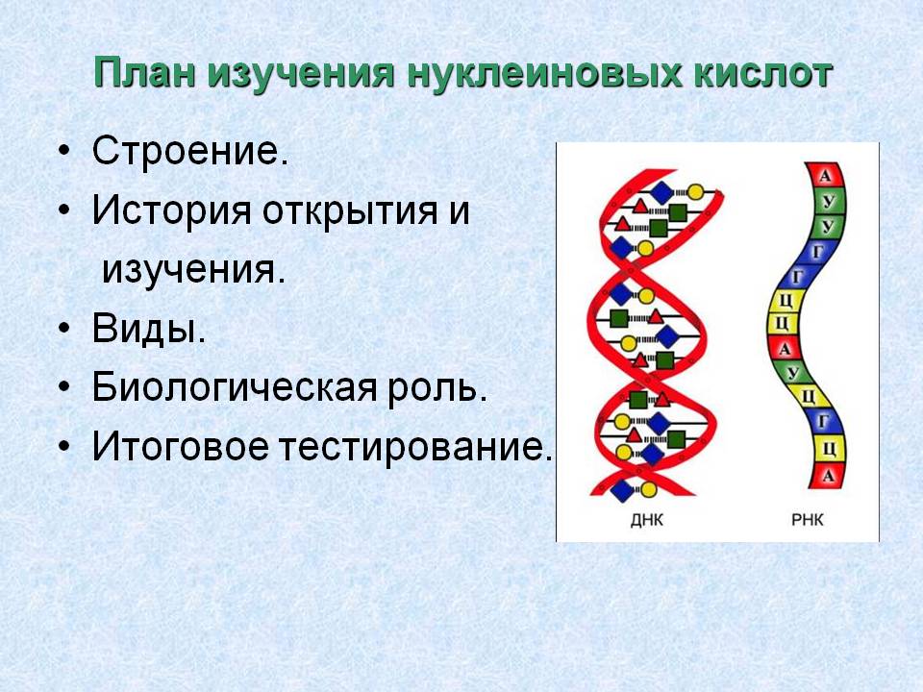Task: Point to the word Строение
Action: coord(190,151)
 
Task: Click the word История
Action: coord(171,210)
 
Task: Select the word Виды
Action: coord(149,329)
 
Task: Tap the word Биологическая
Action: coord(235,387)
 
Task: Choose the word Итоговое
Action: coord(180,446)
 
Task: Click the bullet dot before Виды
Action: coord(64,329)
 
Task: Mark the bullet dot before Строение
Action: coord(64,152)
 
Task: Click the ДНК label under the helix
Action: coord(646,520)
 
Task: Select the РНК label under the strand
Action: coord(807,520)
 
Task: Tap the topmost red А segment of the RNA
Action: coord(825,175)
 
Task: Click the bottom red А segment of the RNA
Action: coord(827,476)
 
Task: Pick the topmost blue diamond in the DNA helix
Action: coord(661,192)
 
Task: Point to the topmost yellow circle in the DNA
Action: coord(695,192)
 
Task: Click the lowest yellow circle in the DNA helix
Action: coord(648,489)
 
